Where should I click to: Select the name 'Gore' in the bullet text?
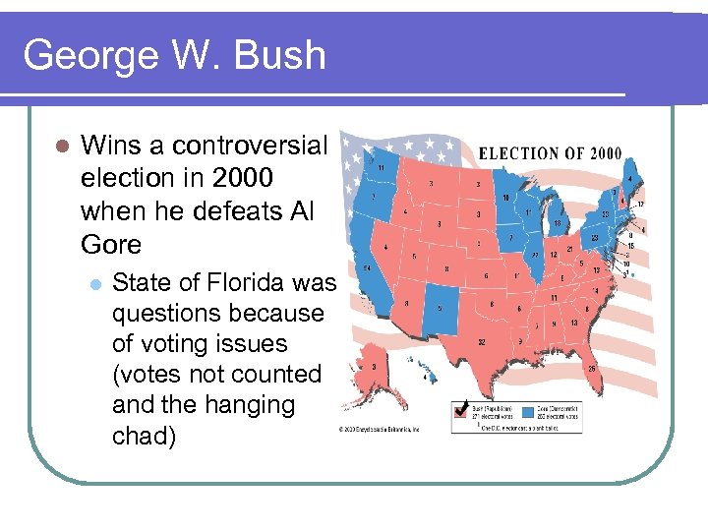111,244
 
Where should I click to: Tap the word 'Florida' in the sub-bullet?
242,283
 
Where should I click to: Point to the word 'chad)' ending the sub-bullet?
145,436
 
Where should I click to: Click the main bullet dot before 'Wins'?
62,147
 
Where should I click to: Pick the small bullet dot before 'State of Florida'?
94,284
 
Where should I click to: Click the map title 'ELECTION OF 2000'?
550,153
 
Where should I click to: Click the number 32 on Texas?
480,341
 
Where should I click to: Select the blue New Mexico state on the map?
441,307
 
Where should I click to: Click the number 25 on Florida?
593,369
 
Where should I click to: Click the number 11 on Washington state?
380,168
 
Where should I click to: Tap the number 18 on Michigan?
557,223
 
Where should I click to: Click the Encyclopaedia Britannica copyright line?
381,430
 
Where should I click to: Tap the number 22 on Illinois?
535,254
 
